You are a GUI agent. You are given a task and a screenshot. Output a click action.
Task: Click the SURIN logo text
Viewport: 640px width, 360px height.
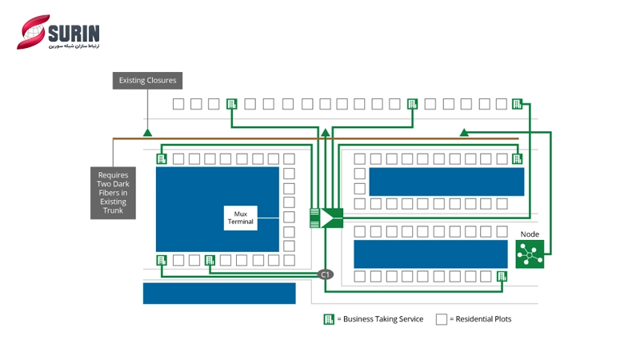tap(74, 32)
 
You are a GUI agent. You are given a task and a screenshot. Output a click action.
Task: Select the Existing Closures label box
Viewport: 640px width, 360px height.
tap(147, 80)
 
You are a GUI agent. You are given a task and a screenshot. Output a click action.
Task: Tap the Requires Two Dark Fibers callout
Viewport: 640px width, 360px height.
tap(113, 192)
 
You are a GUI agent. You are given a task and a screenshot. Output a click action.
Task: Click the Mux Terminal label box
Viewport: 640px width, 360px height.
tap(241, 218)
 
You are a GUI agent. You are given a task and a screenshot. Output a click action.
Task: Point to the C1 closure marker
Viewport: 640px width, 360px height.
tap(326, 274)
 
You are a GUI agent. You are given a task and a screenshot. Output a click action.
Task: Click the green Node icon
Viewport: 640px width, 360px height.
tap(530, 254)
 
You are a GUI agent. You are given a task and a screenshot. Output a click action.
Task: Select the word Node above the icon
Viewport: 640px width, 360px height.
tap(530, 234)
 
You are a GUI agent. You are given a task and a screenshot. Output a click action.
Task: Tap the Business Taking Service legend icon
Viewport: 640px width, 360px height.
tap(329, 319)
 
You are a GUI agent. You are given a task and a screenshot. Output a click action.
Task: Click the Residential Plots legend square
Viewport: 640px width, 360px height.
tap(441, 319)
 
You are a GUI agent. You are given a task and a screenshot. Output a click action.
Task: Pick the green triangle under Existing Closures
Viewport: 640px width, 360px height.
tap(147, 132)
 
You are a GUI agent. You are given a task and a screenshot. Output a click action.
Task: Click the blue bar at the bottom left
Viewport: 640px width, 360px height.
tap(219, 293)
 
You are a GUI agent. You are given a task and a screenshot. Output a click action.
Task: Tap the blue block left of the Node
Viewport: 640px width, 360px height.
tap(430, 254)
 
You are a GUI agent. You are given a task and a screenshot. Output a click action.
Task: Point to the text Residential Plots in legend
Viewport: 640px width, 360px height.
tap(480, 319)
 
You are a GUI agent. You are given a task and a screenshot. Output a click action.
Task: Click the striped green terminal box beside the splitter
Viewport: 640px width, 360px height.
tap(314, 217)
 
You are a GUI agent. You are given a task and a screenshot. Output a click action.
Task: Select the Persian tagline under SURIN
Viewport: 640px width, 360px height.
tap(74, 46)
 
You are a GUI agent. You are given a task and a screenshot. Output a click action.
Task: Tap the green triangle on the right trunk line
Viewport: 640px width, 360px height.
tap(464, 132)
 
